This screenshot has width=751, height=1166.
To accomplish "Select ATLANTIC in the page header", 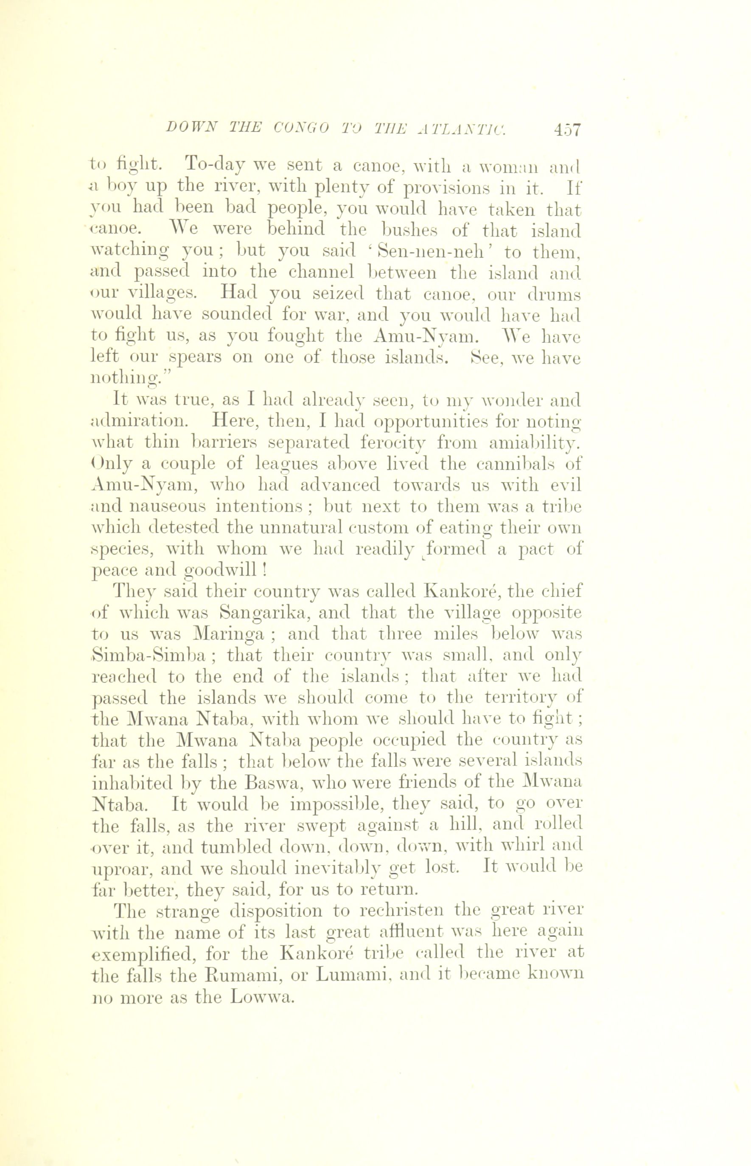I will coord(461,128).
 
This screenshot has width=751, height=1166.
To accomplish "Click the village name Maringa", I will coord(229,634).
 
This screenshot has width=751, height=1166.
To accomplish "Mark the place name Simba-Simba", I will coord(149,656).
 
